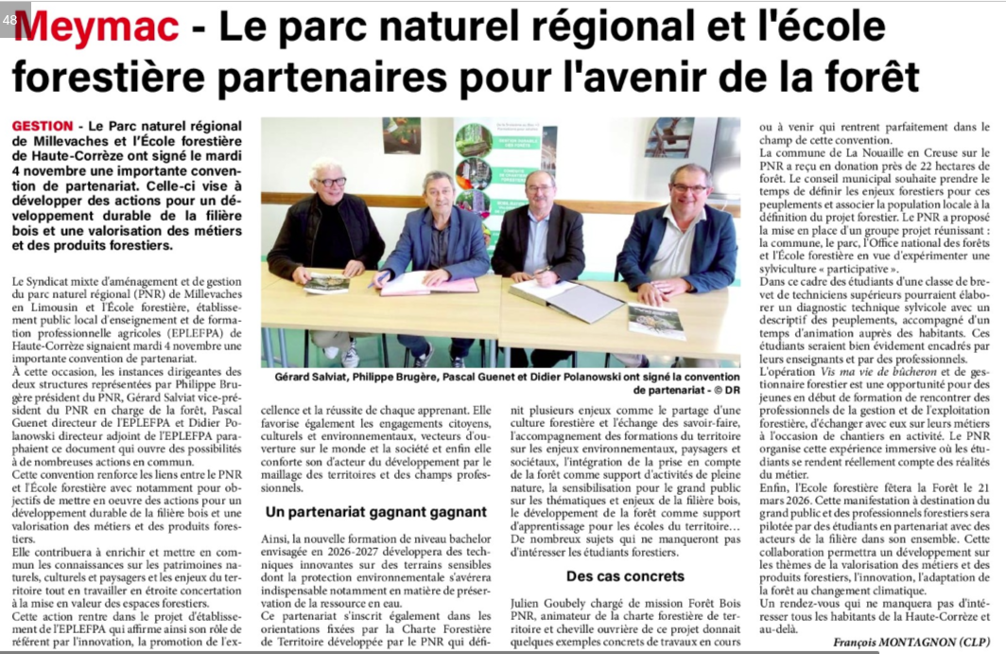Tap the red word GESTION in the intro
pos(43,126)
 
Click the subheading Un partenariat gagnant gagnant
pos(375,512)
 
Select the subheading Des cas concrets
pos(625,575)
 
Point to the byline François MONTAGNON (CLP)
pos(911,642)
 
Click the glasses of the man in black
pos(330,182)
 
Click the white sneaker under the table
pos(351,356)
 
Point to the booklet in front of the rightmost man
pos(657,321)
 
